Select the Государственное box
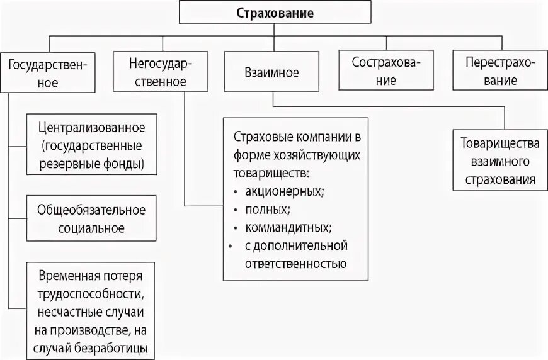[x=48, y=72]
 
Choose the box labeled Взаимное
[x=271, y=72]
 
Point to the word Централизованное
[x=91, y=128]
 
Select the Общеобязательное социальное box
[x=91, y=218]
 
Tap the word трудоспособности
[x=91, y=294]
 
